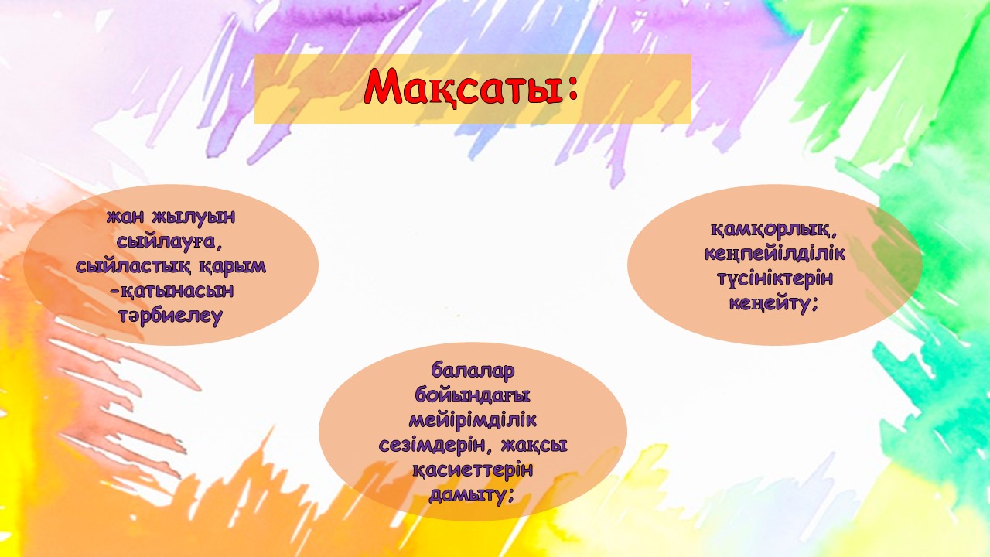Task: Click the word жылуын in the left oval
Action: coord(193,217)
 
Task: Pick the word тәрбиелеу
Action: coord(171,316)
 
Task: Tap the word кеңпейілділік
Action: coord(775,254)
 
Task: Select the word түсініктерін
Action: coord(775,279)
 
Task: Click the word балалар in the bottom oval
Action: coord(473,371)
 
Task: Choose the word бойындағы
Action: coord(473,395)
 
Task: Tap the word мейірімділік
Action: coord(473,420)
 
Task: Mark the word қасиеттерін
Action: coord(473,470)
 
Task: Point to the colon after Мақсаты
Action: coord(573,91)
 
